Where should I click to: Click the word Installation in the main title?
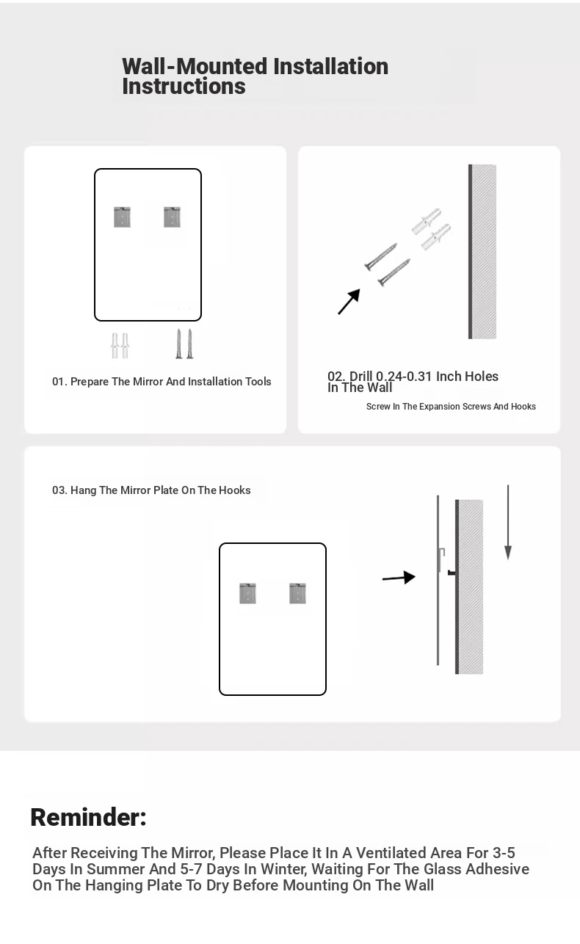[331, 67]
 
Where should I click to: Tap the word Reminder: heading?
[89, 817]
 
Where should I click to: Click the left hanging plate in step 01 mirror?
[122, 217]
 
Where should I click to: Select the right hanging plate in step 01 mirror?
[172, 217]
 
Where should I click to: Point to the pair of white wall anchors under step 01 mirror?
[120, 346]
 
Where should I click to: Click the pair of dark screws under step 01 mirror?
[184, 344]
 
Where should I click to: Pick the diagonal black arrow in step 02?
[349, 301]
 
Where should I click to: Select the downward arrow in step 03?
[508, 522]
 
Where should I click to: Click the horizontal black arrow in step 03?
[399, 578]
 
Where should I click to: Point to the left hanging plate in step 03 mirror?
[248, 593]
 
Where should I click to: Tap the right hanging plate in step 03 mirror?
[297, 593]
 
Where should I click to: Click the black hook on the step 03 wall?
[452, 573]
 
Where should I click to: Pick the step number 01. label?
[59, 382]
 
